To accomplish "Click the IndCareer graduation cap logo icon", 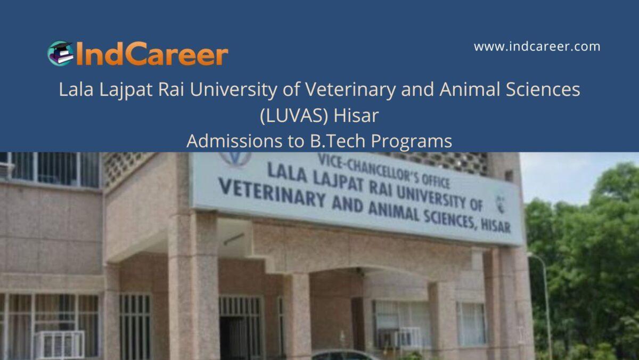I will [60, 53].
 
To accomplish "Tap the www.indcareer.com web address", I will [537, 47].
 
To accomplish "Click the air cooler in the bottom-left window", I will [59, 344].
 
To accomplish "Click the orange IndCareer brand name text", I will [152, 55].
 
